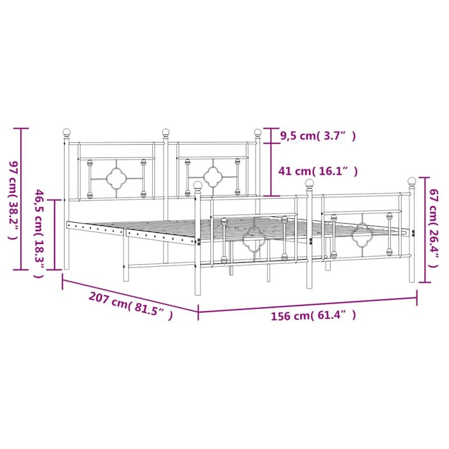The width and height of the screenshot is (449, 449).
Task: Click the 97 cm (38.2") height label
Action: point(13,200)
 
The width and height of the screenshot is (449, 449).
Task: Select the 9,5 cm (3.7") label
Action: point(318,136)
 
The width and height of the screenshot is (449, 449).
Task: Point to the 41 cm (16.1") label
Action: point(318,171)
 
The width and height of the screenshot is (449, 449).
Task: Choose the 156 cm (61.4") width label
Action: point(314,315)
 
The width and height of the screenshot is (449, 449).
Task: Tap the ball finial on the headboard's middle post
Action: point(166,132)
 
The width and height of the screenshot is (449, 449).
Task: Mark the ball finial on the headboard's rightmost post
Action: point(258,132)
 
